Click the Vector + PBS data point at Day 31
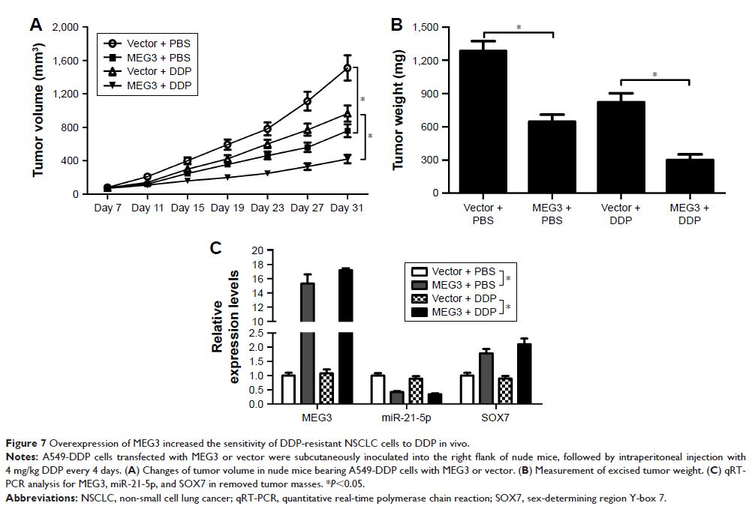click(x=347, y=68)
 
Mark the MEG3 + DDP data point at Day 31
click(x=347, y=158)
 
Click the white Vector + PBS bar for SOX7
click(x=468, y=389)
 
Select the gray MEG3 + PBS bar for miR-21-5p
click(x=396, y=397)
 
